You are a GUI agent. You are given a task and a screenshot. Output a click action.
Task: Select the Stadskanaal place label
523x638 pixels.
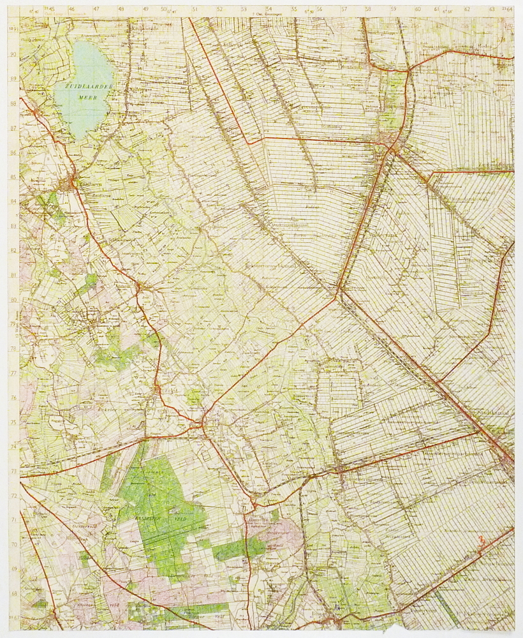491,413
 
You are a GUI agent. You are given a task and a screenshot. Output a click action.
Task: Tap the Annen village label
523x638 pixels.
123,286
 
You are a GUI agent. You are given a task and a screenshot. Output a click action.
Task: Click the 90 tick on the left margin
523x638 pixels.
13,54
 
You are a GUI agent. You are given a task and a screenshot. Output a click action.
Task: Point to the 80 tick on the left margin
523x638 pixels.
13,299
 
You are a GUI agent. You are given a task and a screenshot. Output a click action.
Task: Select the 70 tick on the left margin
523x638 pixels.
13,545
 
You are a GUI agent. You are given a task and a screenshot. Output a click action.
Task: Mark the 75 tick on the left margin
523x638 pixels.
13,422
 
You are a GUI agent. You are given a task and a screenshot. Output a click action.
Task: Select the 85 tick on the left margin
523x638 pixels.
13,177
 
